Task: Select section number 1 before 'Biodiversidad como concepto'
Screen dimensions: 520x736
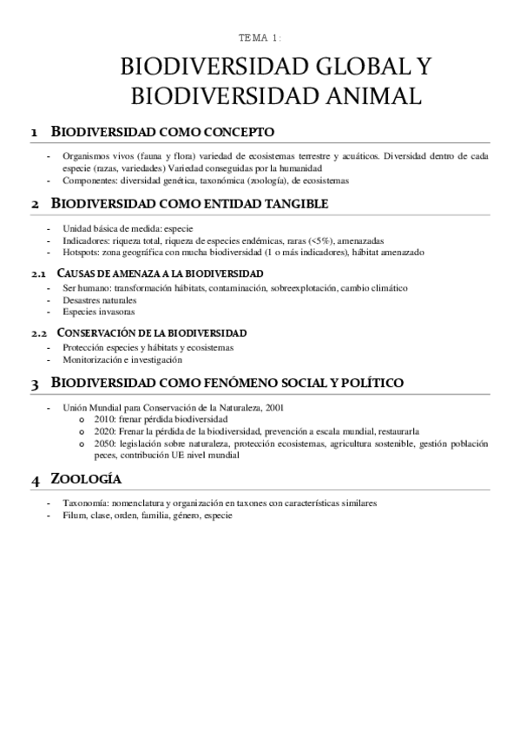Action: pyautogui.click(x=34, y=133)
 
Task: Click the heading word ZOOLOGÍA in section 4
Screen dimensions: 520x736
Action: pyautogui.click(x=86, y=479)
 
